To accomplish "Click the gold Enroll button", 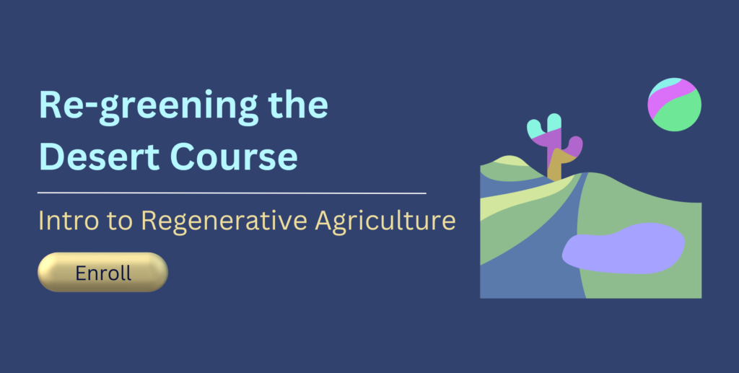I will pyautogui.click(x=102, y=273).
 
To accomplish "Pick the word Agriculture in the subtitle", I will pyautogui.click(x=386, y=221).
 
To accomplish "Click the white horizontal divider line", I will pyautogui.click(x=231, y=193).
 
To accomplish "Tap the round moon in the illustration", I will pyautogui.click(x=675, y=105).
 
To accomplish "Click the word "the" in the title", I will pyautogui.click(x=298, y=107).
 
